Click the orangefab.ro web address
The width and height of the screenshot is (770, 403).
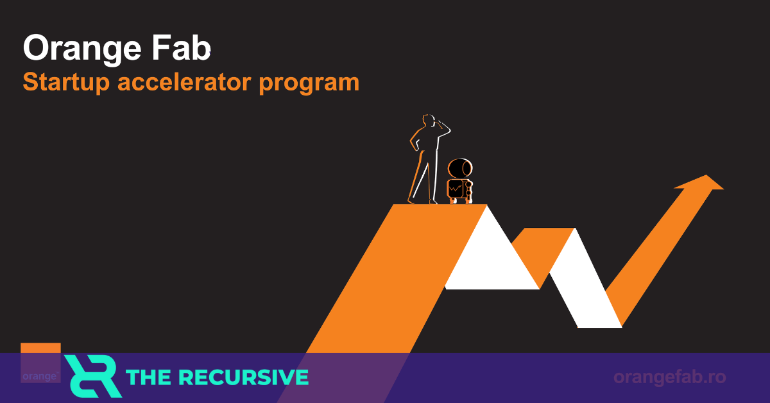pos(669,377)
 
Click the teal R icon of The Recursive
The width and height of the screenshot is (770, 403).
pos(92,376)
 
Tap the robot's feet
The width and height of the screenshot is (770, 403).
pos(460,201)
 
